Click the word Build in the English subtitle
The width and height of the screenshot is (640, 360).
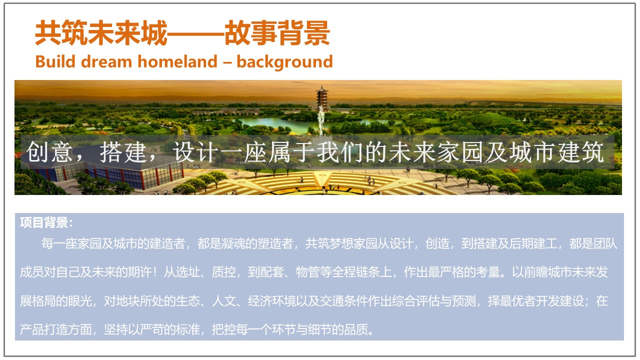coord(55,61)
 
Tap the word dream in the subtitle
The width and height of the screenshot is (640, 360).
coord(106,61)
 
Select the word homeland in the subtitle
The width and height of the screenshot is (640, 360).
coord(177,61)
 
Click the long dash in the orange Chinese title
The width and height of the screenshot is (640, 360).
coord(195,33)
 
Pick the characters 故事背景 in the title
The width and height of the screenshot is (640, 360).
coord(277,33)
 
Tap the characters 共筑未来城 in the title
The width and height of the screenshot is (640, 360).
coord(101,33)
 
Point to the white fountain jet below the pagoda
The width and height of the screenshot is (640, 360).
coord(321,120)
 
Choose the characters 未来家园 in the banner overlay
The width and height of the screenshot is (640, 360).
coord(436,152)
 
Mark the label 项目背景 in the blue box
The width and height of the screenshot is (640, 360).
coord(43,222)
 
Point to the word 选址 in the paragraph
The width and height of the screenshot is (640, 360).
coord(187,272)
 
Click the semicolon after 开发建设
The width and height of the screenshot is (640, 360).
coord(589,301)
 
